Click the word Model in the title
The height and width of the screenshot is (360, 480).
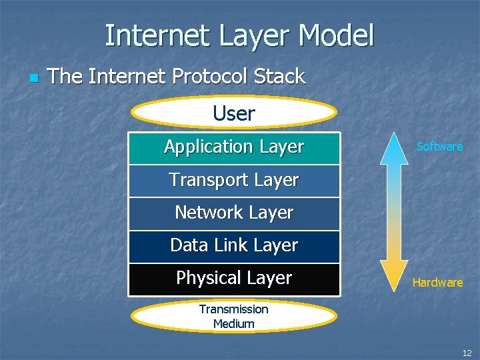pyautogui.click(x=337, y=35)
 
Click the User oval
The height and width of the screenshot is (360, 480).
pyautogui.click(x=234, y=113)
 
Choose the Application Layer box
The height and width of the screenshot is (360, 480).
pyautogui.click(x=234, y=147)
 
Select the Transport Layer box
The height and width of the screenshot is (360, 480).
pyautogui.click(x=234, y=180)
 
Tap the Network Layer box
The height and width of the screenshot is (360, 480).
pyautogui.click(x=234, y=213)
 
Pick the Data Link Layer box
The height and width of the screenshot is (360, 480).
pyautogui.click(x=234, y=245)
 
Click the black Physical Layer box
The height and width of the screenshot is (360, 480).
pyautogui.click(x=234, y=278)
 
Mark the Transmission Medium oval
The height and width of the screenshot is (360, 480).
pyautogui.click(x=234, y=316)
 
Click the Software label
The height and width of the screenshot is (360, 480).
pyautogui.click(x=439, y=147)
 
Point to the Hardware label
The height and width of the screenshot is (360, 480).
pyautogui.click(x=437, y=283)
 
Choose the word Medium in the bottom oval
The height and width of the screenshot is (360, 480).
pyautogui.click(x=234, y=324)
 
